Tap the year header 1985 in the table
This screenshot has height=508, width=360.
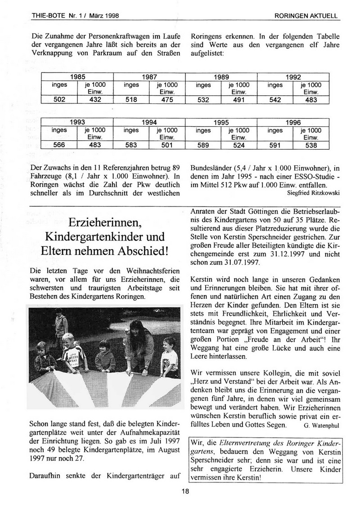77,76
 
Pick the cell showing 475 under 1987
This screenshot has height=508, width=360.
167,100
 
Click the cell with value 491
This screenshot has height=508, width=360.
238,100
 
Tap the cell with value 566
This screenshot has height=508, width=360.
59,145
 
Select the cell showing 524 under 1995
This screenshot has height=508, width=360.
238,145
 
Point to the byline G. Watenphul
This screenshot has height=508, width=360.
319,424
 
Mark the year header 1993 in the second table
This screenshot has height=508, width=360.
77,122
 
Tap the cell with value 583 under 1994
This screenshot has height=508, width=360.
131,145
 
